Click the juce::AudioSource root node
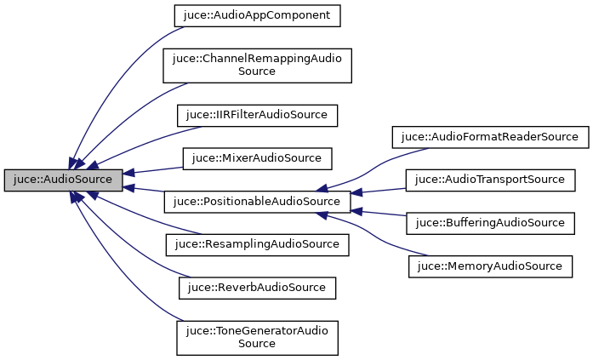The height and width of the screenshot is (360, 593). (63, 180)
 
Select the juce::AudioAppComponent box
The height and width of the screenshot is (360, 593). (257, 15)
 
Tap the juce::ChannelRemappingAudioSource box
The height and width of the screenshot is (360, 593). (257, 65)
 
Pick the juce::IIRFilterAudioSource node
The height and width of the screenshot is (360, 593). (257, 114)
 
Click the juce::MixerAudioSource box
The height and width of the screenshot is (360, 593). (257, 158)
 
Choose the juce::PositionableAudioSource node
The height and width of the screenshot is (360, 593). (256, 203)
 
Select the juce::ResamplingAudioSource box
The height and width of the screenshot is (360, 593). (257, 244)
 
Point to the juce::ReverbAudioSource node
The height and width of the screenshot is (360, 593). (257, 288)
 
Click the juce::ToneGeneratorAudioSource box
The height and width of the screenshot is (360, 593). (257, 337)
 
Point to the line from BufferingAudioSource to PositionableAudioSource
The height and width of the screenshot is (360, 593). (379, 214)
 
